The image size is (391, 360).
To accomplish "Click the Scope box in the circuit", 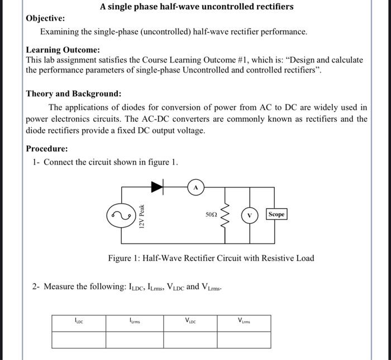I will click(x=276, y=214).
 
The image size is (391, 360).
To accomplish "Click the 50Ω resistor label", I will click(x=211, y=214).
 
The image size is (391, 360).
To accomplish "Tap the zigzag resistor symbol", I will click(x=226, y=214).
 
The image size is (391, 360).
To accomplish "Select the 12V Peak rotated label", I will click(x=142, y=214).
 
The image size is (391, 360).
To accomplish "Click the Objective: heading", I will click(x=45, y=19).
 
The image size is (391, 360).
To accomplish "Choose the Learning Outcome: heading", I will click(x=63, y=50).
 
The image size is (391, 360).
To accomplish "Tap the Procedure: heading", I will click(x=47, y=149).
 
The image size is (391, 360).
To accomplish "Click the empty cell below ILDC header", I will click(x=79, y=339).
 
